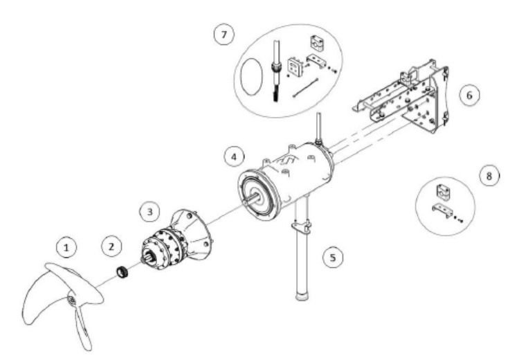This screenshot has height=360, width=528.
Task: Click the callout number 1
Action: point(66,248)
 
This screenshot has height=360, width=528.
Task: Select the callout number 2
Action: point(112,246)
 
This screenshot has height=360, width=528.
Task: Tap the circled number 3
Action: point(150,211)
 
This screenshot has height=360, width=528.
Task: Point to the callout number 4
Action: point(235,156)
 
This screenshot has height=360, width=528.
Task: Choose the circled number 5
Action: point(333,258)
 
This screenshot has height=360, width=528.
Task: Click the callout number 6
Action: point(469,96)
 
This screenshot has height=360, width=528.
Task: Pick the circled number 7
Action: point(224,34)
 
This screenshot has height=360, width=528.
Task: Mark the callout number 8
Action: point(489,175)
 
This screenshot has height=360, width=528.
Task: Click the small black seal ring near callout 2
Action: point(122,272)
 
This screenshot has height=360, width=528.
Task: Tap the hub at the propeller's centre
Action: point(72,299)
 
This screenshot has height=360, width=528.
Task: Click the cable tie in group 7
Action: point(305,88)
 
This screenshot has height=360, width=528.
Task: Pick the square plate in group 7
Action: point(294,66)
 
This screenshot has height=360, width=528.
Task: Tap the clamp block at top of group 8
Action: point(444,191)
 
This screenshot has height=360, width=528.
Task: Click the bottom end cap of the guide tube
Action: point(302,297)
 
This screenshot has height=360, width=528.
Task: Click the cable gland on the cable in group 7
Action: point(277,67)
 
